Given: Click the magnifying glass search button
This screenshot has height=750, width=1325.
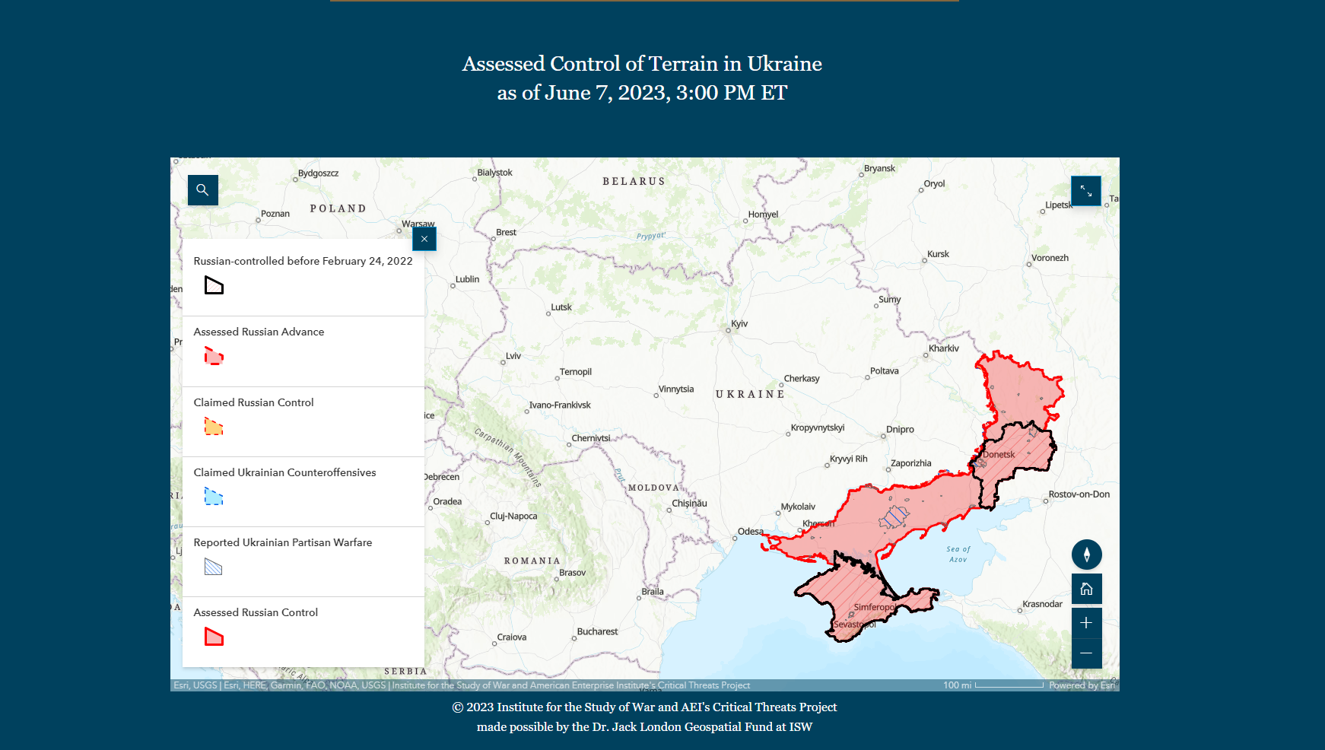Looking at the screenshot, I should tap(202, 190).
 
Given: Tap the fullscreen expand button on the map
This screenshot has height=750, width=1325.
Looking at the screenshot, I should tap(1085, 191).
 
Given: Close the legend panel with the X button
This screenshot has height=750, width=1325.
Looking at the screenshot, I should tap(424, 239).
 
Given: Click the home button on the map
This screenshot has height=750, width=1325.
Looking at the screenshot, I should tap(1086, 589).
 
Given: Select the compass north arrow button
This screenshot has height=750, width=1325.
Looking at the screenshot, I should tap(1086, 555).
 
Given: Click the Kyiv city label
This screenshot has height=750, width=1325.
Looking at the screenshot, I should tap(739, 324).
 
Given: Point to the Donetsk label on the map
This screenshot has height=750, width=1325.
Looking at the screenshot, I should tap(999, 455).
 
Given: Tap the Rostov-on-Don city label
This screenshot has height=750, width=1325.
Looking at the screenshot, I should tap(1079, 494).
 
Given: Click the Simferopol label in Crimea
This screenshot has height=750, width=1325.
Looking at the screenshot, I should tap(875, 607).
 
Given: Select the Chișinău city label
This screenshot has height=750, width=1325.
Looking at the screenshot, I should tap(689, 504).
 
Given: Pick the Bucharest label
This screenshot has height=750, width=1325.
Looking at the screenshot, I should tap(597, 631).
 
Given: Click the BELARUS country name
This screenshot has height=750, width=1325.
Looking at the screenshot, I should tap(634, 182).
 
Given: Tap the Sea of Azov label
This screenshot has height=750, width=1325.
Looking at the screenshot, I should tap(958, 554).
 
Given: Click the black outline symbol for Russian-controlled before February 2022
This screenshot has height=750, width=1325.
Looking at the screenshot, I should tap(214, 286).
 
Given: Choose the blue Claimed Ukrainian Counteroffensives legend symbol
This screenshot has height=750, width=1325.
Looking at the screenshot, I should tap(214, 497).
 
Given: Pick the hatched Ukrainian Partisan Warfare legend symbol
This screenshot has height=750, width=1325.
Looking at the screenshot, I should tap(214, 567).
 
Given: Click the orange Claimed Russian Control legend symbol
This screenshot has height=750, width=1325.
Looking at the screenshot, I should tap(214, 427).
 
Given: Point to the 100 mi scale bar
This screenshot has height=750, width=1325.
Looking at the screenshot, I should tap(1008, 685).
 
